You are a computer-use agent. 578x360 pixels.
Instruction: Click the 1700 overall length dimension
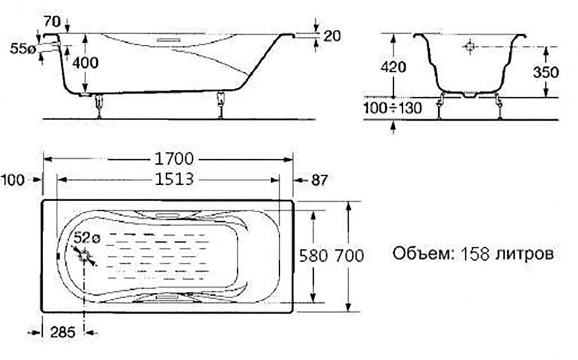(x=173, y=159)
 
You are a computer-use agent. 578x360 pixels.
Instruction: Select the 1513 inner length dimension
(x=173, y=180)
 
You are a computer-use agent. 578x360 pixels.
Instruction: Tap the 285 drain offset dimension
(x=62, y=332)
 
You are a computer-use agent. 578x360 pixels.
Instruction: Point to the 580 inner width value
(x=313, y=256)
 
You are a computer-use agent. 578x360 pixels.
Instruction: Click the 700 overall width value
(x=349, y=256)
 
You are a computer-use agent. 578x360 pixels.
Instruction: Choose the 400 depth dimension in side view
(x=85, y=62)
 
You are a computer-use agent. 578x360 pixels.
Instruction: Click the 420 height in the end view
(x=393, y=67)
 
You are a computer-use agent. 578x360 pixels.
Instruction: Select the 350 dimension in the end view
(x=546, y=72)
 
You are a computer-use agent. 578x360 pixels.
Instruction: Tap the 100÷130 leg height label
(x=392, y=108)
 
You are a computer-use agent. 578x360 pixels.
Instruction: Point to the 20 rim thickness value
(x=332, y=36)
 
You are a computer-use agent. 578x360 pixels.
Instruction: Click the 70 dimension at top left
(x=52, y=22)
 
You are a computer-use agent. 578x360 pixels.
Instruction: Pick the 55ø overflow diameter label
(x=23, y=49)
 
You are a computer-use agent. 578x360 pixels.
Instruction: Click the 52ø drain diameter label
(x=87, y=238)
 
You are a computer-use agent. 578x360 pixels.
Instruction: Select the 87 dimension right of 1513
(x=319, y=180)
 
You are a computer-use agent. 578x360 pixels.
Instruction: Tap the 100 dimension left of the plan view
(x=13, y=180)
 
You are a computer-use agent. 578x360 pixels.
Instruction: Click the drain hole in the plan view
(x=85, y=256)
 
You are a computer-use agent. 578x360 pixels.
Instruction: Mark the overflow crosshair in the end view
(x=469, y=47)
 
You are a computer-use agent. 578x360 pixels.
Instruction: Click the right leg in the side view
(x=221, y=105)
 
